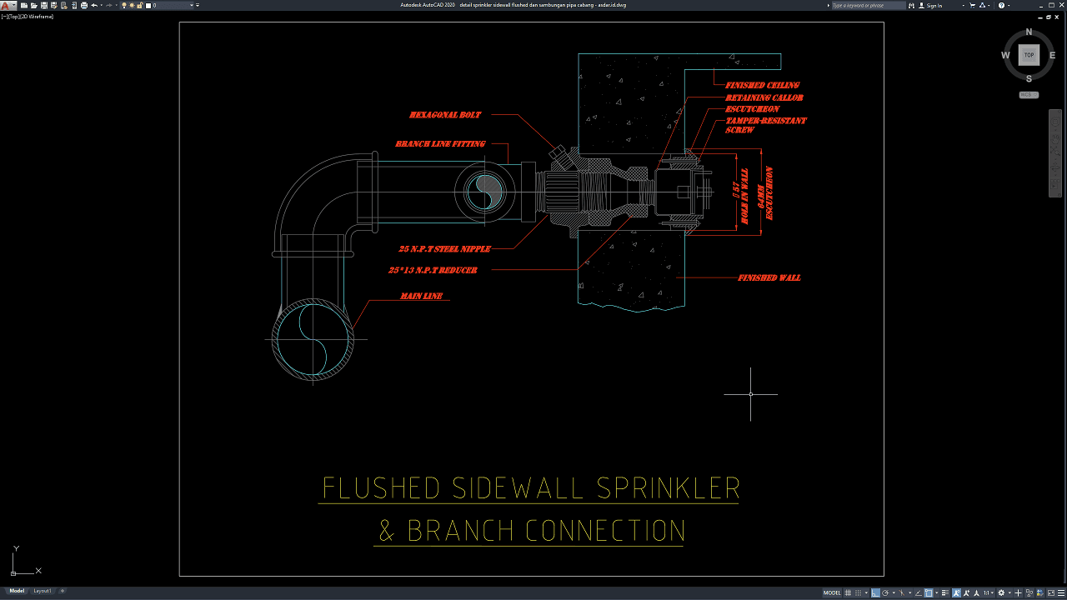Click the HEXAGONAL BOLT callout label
pos(445,115)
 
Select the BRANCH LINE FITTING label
pos(440,144)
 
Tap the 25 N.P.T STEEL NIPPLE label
pos(444,249)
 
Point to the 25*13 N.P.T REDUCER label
pos(433,271)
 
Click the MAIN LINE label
pos(421,297)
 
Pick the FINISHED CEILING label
pos(762,85)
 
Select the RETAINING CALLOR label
pos(764,98)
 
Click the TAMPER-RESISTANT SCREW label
pos(765,125)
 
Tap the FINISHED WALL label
pos(769,277)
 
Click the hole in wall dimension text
pos(740,197)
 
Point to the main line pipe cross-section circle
pos(313,339)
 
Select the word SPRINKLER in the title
pos(669,487)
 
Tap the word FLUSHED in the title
pos(379,487)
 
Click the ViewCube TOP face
pos(1029,55)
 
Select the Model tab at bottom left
pos(17,591)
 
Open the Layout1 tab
pos(42,591)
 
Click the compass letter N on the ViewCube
pos(1029,32)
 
